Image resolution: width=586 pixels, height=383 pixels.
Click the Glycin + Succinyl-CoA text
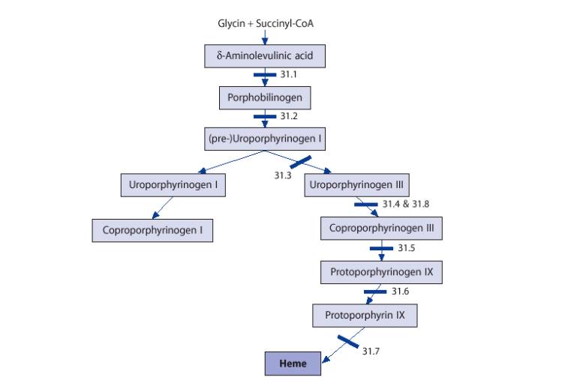click(266, 23)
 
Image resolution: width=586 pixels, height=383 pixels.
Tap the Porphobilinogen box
click(265, 97)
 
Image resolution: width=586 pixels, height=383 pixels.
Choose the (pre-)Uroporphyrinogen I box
click(265, 139)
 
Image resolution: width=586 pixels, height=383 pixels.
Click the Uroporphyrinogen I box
click(173, 184)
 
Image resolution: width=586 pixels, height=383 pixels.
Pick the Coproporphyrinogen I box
click(152, 229)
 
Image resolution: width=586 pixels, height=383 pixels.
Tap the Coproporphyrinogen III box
click(381, 228)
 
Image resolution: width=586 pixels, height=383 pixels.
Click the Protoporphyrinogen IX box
click(381, 272)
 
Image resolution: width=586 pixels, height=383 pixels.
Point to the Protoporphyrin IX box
click(365, 316)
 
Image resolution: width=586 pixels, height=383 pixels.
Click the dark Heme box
click(293, 364)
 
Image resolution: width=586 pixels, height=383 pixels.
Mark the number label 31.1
click(290, 75)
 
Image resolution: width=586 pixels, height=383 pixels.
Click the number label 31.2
click(290, 117)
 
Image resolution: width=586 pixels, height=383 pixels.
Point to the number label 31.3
click(282, 175)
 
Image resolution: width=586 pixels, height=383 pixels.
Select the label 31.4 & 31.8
click(405, 204)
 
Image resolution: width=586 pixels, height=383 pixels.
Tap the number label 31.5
click(406, 248)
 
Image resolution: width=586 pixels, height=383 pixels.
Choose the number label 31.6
click(400, 292)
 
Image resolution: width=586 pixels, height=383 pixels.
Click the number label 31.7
click(371, 351)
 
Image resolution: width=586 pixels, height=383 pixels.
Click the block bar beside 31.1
click(265, 75)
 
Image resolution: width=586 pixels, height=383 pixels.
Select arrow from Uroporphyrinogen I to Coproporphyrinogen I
click(164, 208)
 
